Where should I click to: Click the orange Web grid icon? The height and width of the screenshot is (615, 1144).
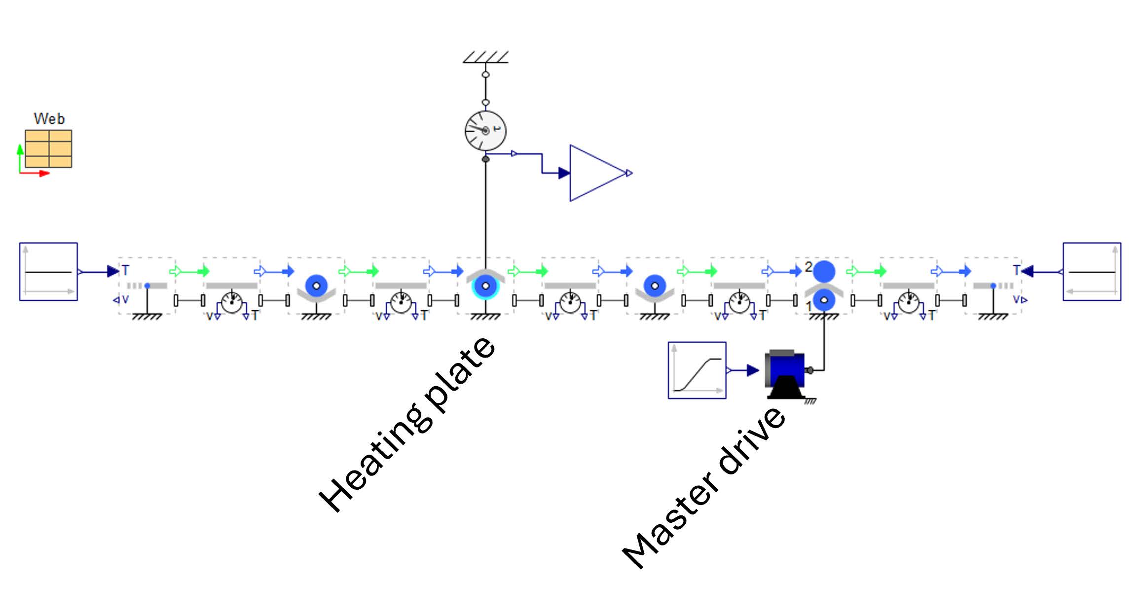48,149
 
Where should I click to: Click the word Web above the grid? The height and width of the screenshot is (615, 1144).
49,119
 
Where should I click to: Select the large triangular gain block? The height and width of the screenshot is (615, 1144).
594,173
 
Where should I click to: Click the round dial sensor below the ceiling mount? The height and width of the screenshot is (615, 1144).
485,131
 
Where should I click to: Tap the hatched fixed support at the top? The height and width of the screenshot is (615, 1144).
485,57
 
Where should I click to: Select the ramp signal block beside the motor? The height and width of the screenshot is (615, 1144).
697,370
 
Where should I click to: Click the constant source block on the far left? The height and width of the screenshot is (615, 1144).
48,272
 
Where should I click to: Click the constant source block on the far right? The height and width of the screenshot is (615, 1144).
1092,272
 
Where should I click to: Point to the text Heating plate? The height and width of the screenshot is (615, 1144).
407,425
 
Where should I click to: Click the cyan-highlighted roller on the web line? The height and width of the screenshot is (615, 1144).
485,286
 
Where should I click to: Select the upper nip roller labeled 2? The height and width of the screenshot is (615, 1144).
824,271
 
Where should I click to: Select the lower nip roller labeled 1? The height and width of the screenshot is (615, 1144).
824,299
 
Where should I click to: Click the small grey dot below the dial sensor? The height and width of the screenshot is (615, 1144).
485,159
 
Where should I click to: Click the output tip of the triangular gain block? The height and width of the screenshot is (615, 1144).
629,173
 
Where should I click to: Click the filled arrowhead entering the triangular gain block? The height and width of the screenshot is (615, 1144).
564,173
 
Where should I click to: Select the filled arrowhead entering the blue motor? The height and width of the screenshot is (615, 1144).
753,370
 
